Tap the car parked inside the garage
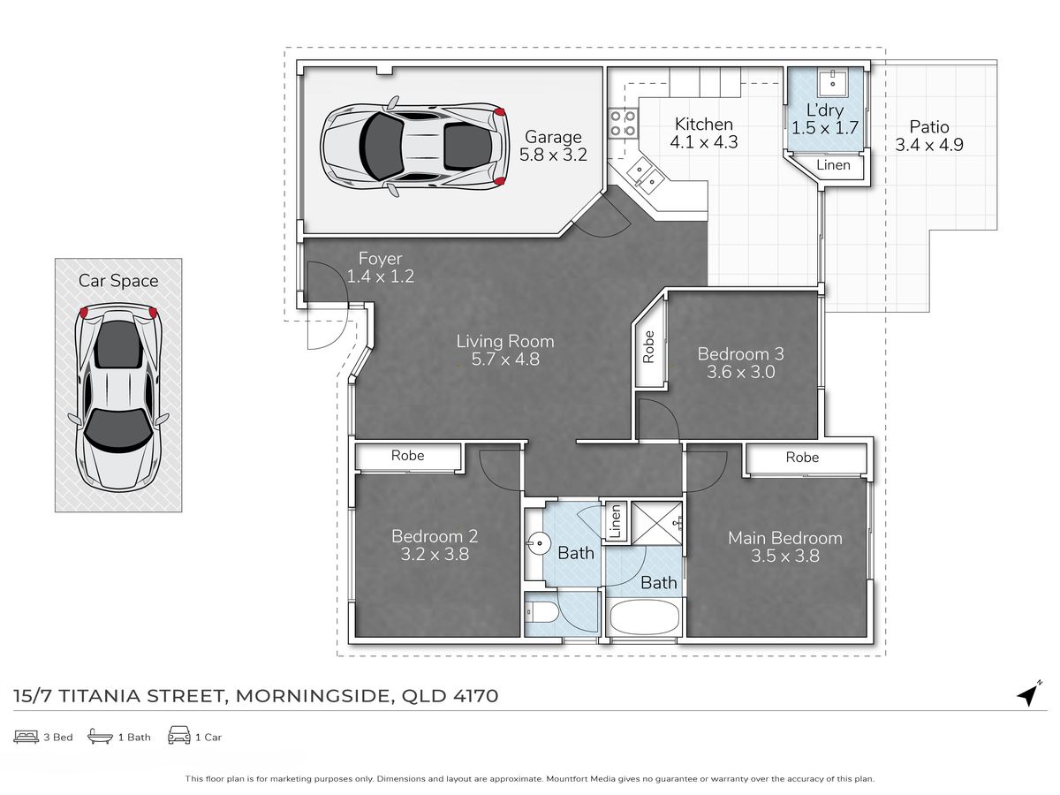pos(414,146)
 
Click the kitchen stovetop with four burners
pos(623,124)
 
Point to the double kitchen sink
pos(646,175)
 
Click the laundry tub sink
pos(833,81)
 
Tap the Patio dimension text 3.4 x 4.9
pos(928,145)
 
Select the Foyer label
pos(380,259)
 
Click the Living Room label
pos(505,341)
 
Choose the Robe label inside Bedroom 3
pos(648,346)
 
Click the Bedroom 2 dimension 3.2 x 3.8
pos(434,554)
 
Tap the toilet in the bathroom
pos(542,612)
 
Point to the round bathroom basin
pos(537,544)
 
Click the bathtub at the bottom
pos(644,617)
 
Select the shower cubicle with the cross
pos(656,523)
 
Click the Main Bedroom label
pos(784,538)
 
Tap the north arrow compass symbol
pos(1030,693)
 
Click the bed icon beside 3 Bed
pos(26,737)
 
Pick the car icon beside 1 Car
pos(178,735)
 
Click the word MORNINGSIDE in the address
pos(313,696)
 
